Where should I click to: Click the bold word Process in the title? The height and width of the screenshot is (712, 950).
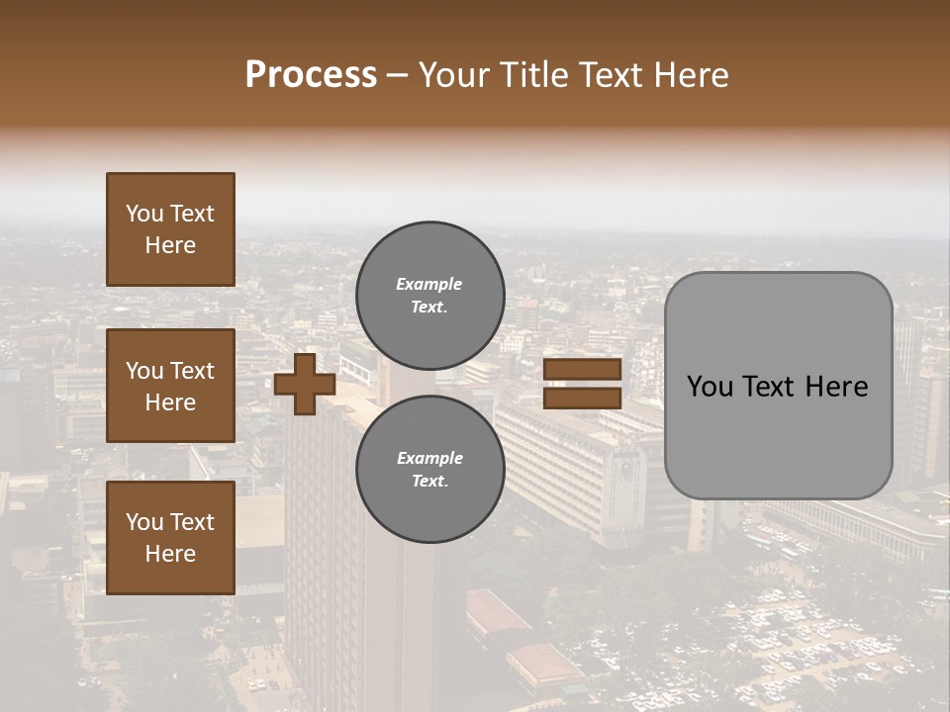(311, 75)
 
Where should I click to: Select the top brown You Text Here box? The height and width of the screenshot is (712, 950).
(170, 229)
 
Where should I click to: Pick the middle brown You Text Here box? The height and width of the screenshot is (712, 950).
(170, 386)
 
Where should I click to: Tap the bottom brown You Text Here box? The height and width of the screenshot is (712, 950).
(170, 538)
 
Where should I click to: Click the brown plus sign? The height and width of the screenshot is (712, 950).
(305, 384)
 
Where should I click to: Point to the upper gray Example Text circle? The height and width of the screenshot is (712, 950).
(429, 295)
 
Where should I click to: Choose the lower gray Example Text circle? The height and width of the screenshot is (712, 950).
(429, 470)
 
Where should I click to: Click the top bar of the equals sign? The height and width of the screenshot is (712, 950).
(582, 370)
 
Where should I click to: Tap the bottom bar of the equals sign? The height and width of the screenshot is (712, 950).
(582, 398)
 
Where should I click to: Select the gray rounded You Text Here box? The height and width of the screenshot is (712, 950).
(778, 386)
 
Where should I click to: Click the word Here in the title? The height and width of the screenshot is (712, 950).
(692, 75)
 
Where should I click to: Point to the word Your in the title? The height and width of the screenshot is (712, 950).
(451, 75)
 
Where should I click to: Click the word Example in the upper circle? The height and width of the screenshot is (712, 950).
(429, 284)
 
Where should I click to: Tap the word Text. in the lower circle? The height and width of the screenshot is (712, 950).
(429, 482)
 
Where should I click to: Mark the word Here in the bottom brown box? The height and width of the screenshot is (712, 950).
(170, 554)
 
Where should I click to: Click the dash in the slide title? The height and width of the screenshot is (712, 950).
(398, 75)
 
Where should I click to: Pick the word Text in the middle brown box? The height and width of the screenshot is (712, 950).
(192, 371)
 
